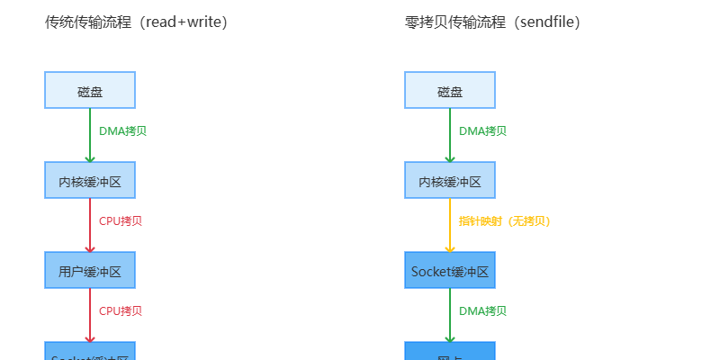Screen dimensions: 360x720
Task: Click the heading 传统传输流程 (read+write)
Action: tap(136, 22)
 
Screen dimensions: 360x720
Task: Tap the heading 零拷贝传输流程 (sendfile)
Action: tap(491, 22)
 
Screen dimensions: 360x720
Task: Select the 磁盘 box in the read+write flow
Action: tap(90, 91)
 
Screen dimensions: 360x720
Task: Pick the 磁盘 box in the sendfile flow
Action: tap(450, 91)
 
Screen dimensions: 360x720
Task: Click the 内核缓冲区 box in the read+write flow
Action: tap(90, 181)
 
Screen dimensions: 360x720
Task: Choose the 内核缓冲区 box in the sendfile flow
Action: tap(450, 181)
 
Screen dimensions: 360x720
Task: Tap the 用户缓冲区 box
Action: tap(90, 270)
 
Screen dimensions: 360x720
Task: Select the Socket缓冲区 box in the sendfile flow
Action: tap(450, 270)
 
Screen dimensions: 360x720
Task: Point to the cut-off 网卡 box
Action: tap(450, 352)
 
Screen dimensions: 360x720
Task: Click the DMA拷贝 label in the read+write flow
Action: tap(122, 130)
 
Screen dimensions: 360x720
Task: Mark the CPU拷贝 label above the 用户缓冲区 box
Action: tap(121, 220)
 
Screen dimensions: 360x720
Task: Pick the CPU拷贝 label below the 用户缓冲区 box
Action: tap(121, 310)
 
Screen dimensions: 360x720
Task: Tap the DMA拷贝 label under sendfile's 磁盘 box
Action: tap(482, 130)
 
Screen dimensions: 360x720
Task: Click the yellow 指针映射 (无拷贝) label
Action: tap(504, 220)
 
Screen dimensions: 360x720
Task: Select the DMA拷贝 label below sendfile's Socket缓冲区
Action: tap(482, 310)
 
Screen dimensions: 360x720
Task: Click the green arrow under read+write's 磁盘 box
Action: tap(90, 135)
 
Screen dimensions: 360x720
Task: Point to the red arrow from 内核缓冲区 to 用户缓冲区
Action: tap(90, 225)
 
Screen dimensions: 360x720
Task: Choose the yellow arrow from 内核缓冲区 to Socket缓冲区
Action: tap(450, 225)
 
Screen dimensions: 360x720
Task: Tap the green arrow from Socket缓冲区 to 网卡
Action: tap(450, 315)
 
